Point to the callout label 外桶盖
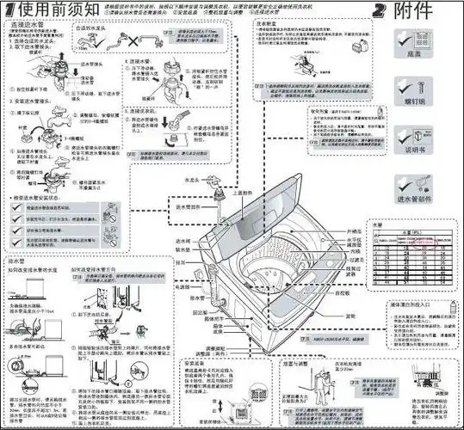(x=350, y=231)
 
